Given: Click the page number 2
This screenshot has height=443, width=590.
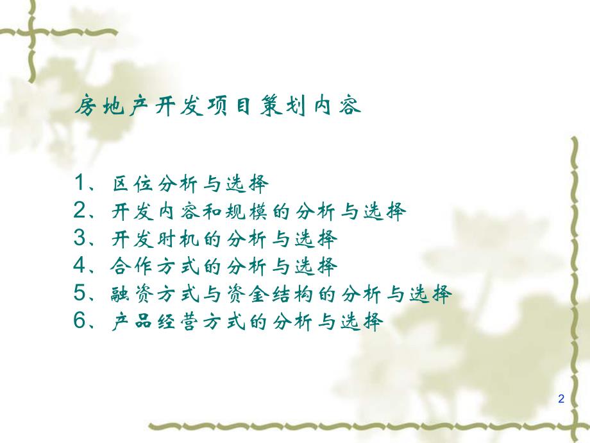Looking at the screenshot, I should [x=562, y=399].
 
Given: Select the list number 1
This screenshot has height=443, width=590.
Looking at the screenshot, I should [x=80, y=184].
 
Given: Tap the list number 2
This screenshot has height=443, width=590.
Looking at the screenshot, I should [x=80, y=211].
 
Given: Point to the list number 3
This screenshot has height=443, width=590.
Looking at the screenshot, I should [x=80, y=239].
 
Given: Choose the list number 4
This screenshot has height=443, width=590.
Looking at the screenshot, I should [x=80, y=266].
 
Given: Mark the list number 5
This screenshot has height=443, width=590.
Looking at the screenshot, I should [x=80, y=293].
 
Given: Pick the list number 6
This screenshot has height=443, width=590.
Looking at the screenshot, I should [x=80, y=321].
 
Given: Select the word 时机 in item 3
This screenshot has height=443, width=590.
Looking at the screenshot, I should [x=177, y=239].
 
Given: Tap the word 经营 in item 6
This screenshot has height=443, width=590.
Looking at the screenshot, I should [x=177, y=322].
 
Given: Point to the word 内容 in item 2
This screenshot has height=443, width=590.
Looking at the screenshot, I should [x=177, y=212].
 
